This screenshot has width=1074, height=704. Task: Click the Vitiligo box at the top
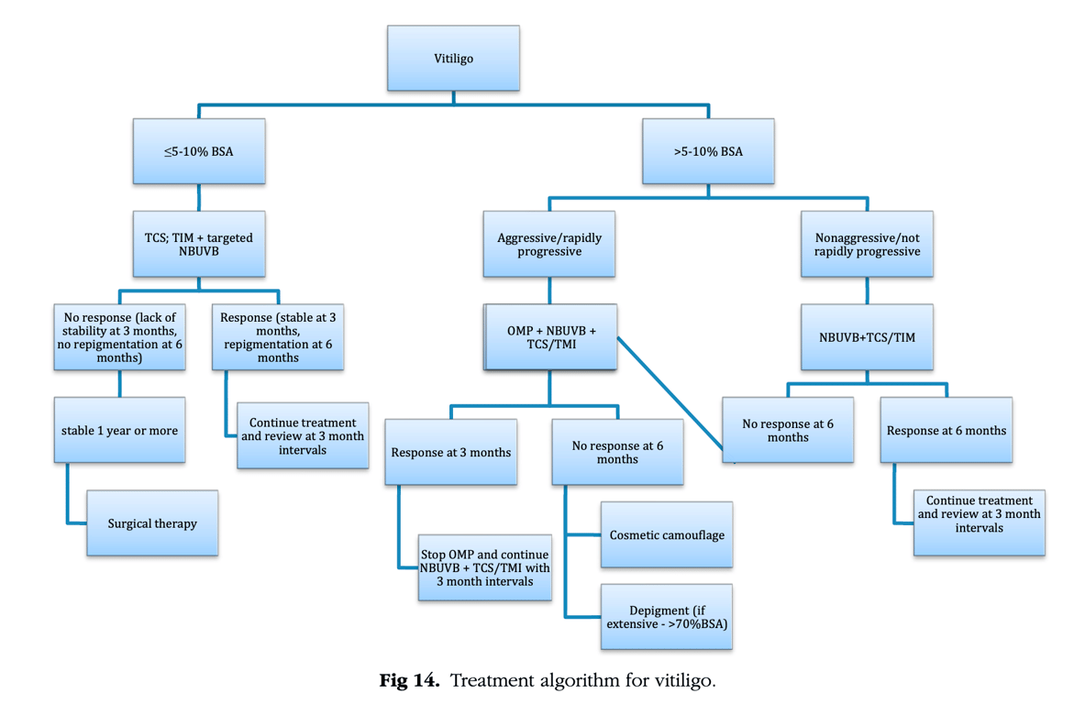click(453, 59)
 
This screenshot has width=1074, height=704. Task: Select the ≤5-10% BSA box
click(199, 151)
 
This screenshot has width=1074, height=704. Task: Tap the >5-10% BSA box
click(707, 151)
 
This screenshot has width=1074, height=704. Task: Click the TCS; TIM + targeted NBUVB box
click(199, 244)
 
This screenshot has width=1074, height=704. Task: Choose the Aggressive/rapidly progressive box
click(549, 244)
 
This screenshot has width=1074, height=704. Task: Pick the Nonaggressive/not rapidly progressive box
click(867, 244)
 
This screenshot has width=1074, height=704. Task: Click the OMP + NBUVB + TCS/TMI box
click(550, 337)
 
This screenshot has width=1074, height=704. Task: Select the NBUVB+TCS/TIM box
click(867, 337)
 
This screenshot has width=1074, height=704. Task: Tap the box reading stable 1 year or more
click(120, 430)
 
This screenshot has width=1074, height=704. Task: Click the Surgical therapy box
click(152, 523)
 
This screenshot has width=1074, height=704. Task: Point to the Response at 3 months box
click(451, 452)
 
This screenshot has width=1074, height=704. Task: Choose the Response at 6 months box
click(947, 430)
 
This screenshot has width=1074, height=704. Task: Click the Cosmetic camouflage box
click(667, 534)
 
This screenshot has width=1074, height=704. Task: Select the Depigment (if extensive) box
click(667, 618)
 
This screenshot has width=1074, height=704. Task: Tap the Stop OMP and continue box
click(485, 567)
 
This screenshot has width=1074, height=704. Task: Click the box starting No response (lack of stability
click(120, 337)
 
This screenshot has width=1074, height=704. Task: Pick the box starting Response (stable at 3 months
click(278, 337)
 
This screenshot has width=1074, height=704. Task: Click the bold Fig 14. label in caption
click(410, 681)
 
